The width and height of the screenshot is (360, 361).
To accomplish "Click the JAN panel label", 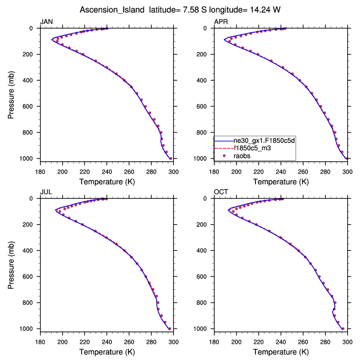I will click(x=46, y=22).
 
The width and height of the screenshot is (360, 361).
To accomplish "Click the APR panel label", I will click(x=220, y=22).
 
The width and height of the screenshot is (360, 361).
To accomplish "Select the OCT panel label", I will click(x=220, y=192).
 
